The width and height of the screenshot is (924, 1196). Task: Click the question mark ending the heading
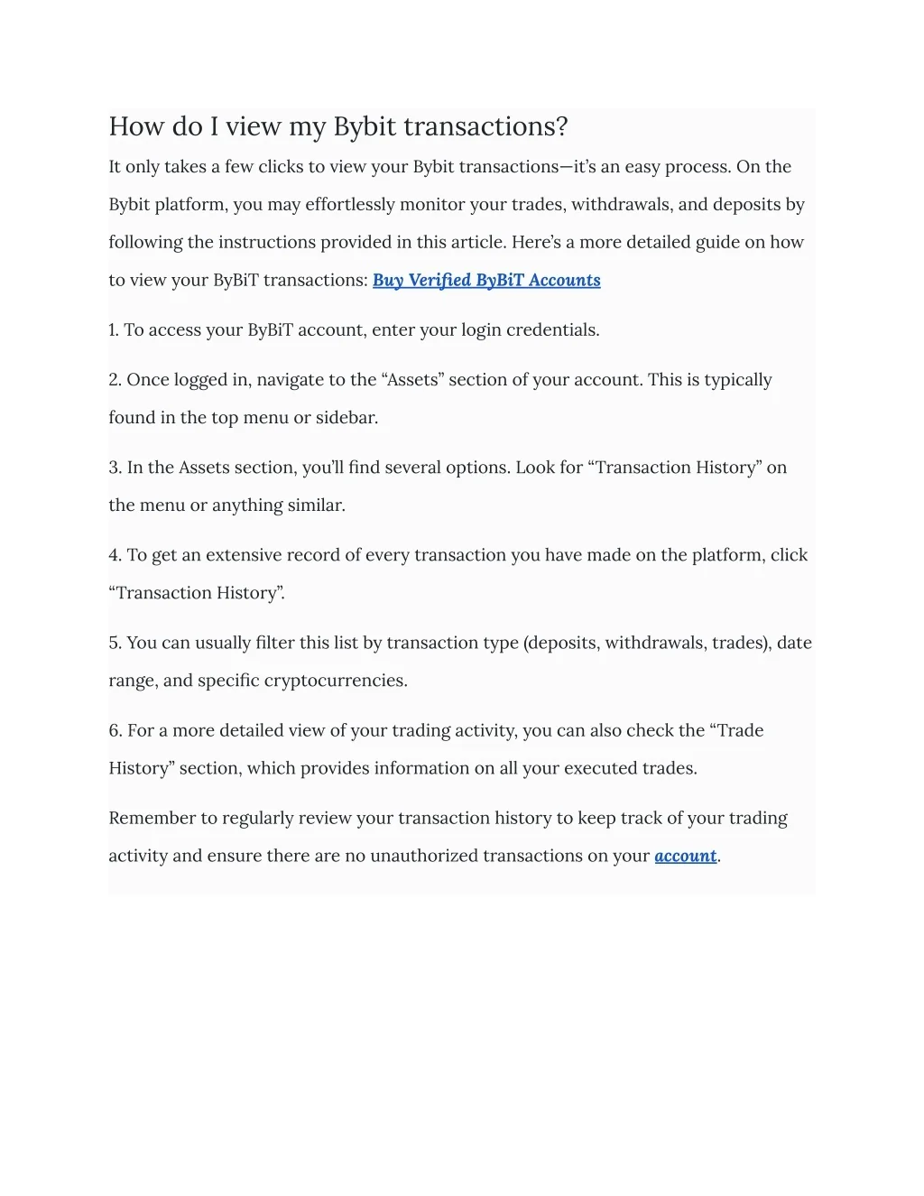coord(562,126)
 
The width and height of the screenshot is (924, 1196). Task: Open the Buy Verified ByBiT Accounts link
coord(486,280)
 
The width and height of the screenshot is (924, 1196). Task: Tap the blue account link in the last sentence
coord(685,856)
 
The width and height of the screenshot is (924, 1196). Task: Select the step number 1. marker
coord(114,330)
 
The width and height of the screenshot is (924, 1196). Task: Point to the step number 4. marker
coord(115,555)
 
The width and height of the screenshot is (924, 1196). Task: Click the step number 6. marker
coord(115,730)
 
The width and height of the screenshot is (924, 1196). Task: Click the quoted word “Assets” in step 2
coord(414,380)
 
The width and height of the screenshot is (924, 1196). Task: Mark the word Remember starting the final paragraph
coord(152,818)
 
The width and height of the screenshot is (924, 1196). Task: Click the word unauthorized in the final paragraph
coord(424,856)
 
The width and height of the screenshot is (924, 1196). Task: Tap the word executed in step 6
coord(600,768)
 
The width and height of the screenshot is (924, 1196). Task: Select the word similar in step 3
coord(315,505)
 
